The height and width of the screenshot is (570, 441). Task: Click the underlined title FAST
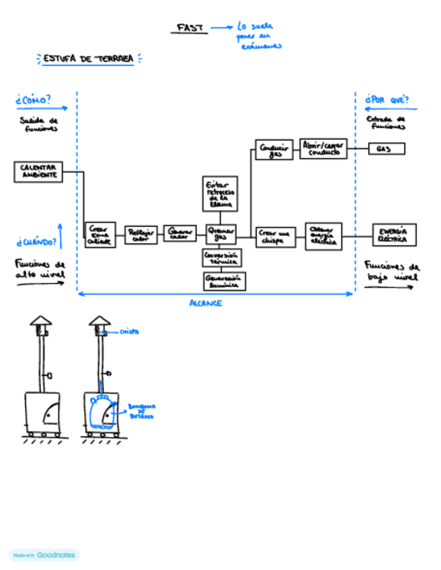click(188, 28)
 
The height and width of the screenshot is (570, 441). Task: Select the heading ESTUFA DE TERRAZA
click(87, 59)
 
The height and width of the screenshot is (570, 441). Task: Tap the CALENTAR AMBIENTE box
click(38, 171)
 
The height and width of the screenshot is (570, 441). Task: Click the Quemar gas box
click(220, 234)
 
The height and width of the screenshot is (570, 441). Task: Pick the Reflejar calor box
click(141, 235)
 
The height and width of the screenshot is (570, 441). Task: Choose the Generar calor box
click(179, 233)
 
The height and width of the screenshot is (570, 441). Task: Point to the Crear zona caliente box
click(100, 233)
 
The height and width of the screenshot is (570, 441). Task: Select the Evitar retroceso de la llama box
click(220, 193)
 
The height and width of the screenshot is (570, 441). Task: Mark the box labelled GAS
click(387, 149)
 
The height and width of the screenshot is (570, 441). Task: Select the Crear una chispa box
click(276, 237)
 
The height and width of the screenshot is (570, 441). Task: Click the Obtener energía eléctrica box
click(323, 236)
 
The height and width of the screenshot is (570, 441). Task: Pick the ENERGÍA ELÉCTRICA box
click(394, 235)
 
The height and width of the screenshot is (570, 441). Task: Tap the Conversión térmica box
click(222, 257)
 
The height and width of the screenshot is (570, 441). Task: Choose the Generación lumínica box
click(223, 281)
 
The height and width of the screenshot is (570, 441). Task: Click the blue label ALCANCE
click(206, 303)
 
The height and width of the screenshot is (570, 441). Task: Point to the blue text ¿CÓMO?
click(33, 100)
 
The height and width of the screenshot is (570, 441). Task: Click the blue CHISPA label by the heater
click(129, 331)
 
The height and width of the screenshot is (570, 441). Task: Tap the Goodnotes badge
click(44, 555)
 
